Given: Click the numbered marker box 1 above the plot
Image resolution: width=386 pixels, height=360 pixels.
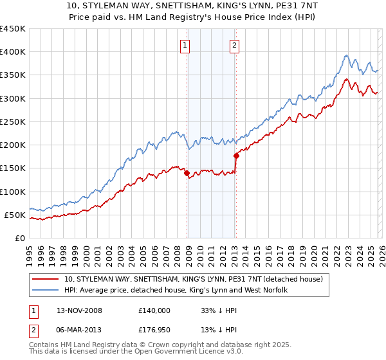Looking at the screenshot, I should [x=185, y=45].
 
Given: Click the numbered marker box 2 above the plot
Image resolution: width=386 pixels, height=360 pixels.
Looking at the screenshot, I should [x=234, y=45].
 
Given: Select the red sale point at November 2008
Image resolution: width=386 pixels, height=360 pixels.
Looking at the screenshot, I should [x=187, y=173].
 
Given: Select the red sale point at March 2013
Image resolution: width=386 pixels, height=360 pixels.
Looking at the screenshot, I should [x=236, y=156].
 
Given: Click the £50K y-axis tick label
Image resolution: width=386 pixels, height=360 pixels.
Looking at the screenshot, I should [x=15, y=215].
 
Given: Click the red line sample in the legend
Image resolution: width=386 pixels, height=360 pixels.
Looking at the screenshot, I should [x=46, y=279].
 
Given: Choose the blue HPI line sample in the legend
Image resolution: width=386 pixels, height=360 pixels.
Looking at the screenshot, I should [x=46, y=291].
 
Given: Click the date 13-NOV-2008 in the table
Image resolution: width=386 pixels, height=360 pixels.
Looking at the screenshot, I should [x=80, y=310].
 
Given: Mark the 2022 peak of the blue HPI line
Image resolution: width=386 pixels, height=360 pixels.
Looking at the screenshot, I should [x=347, y=55].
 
